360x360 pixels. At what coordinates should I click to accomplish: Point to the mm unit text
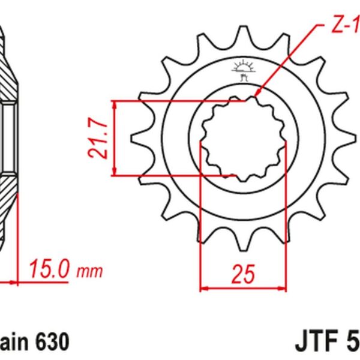click(89, 271)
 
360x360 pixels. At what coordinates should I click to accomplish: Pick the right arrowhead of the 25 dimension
click(282, 288)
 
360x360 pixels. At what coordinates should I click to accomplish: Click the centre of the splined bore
click(243, 138)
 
